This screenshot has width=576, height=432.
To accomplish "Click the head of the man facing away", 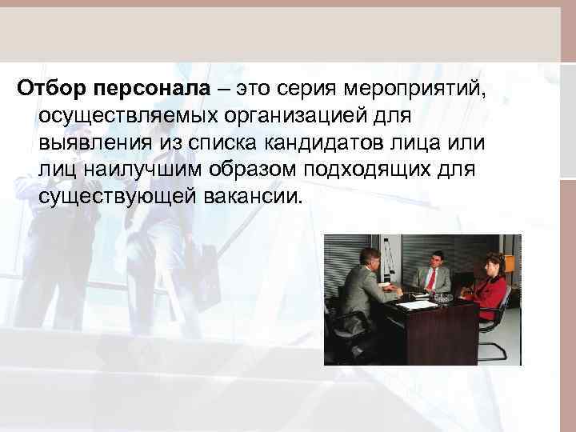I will [x=370, y=259].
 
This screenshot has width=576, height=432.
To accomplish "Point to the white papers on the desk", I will [x=416, y=304].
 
